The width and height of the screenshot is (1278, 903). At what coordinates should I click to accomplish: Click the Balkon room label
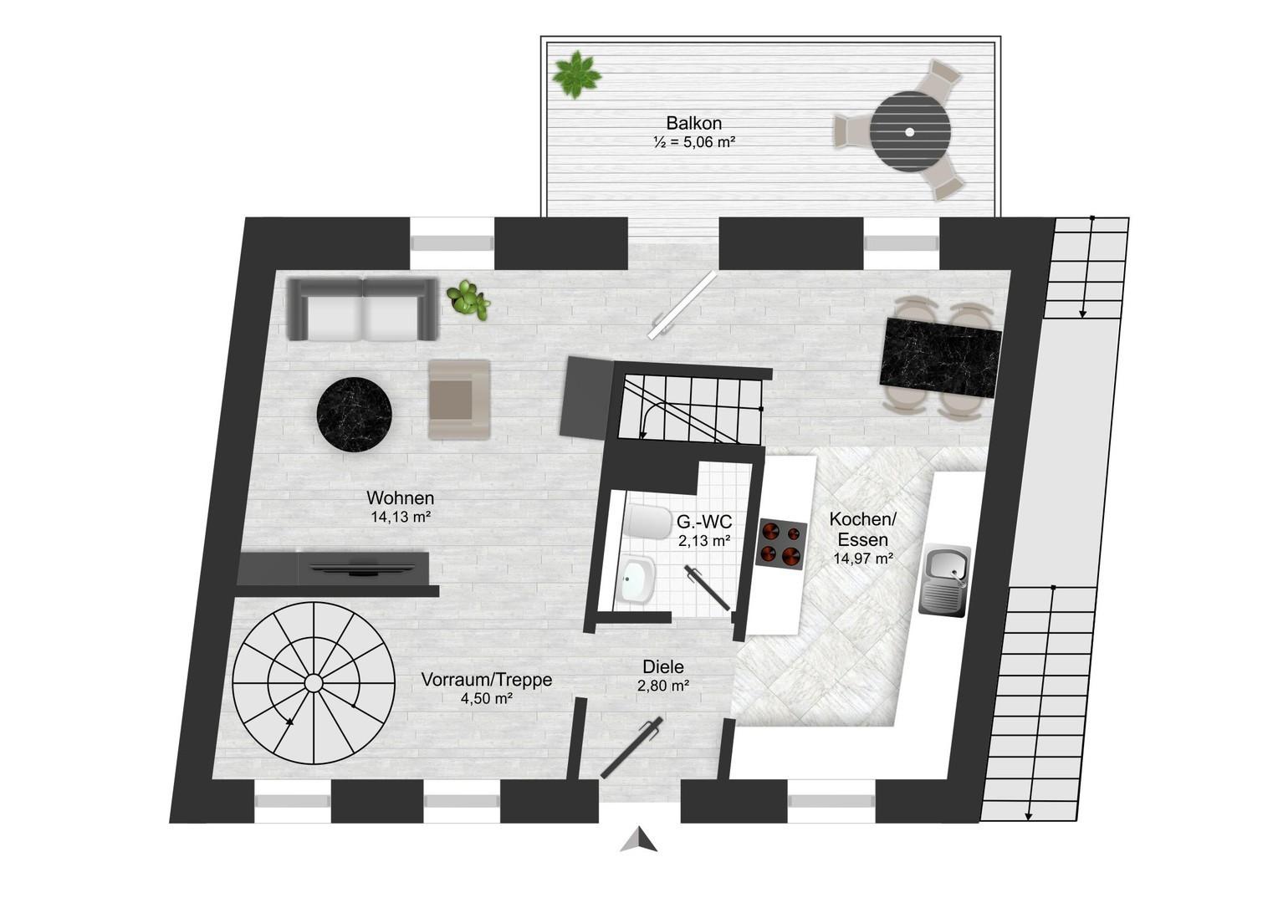pos(693,123)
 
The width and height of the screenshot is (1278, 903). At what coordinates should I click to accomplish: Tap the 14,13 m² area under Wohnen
pos(401,518)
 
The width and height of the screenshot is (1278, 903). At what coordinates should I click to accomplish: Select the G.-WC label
pos(704,522)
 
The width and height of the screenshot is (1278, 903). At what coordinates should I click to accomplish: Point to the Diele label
pos(663,667)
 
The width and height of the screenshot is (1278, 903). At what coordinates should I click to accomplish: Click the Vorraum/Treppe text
pos(487,680)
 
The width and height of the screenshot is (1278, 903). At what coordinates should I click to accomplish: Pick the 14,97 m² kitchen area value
pos(863,559)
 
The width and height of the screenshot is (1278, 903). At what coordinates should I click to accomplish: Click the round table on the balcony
pos(910,132)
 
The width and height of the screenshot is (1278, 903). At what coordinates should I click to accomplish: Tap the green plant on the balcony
pos(576,74)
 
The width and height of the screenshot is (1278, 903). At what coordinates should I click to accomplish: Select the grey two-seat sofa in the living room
pos(363,309)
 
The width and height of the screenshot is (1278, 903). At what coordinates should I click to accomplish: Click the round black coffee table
pos(355,415)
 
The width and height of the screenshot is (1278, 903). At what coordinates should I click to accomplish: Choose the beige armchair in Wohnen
pos(459,400)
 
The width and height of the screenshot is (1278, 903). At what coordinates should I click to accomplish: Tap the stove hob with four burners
pos(781,544)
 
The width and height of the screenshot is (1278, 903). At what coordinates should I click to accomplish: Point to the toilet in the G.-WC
pos(647,522)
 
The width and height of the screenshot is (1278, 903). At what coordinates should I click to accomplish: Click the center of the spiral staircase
pos(313,682)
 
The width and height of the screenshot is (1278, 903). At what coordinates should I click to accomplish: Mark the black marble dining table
pos(940,358)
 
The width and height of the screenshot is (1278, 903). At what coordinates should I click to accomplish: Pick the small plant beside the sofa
pos(468,299)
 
